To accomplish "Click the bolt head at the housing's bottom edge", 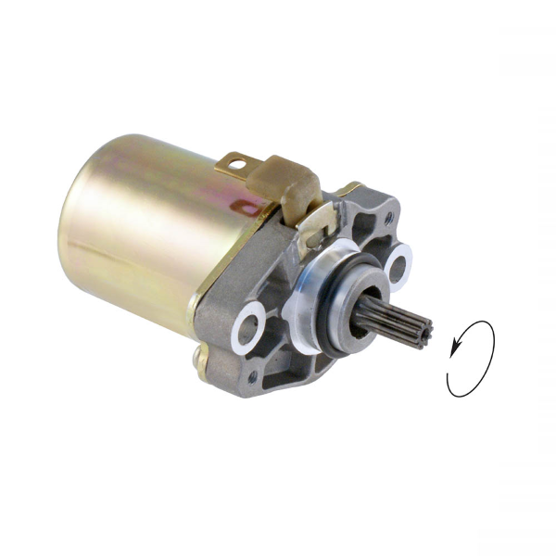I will coord(200,356).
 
